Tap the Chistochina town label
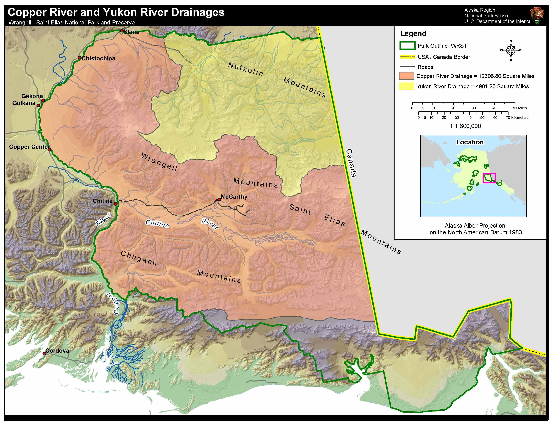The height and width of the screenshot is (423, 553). point(98,58)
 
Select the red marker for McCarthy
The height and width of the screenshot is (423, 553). point(219,199)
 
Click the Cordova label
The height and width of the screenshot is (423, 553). point(57,351)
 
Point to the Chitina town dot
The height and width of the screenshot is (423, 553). point(116,204)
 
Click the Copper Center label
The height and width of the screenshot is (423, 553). point(29,147)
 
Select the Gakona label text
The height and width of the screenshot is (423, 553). point(32,96)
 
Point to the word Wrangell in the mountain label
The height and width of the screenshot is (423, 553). point(159,162)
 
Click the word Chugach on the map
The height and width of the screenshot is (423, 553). point(139,258)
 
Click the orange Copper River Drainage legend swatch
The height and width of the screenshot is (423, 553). point(406,76)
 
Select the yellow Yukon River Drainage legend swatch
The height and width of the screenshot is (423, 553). point(406,86)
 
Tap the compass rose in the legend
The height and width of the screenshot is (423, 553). point(511,50)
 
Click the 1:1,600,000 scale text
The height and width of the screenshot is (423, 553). point(465,126)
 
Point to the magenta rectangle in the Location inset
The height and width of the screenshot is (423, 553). point(489,178)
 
